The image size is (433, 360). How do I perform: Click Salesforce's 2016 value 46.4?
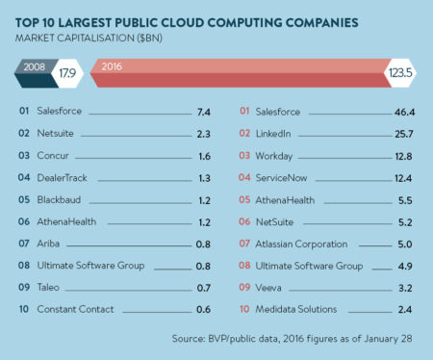click(405, 112)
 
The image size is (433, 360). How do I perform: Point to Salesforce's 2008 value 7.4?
click(202, 112)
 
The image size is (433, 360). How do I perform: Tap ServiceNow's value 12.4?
click(405, 178)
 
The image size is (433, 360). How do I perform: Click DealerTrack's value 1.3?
click(202, 178)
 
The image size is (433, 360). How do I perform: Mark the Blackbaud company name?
click(58, 200)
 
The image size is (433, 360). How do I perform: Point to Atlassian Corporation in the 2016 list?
click(301, 244)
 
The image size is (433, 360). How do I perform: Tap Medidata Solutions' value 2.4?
click(408, 309)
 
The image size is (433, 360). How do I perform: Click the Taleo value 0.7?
click(202, 287)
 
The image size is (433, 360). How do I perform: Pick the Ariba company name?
click(49, 244)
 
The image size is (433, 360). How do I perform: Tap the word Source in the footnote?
click(189, 338)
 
